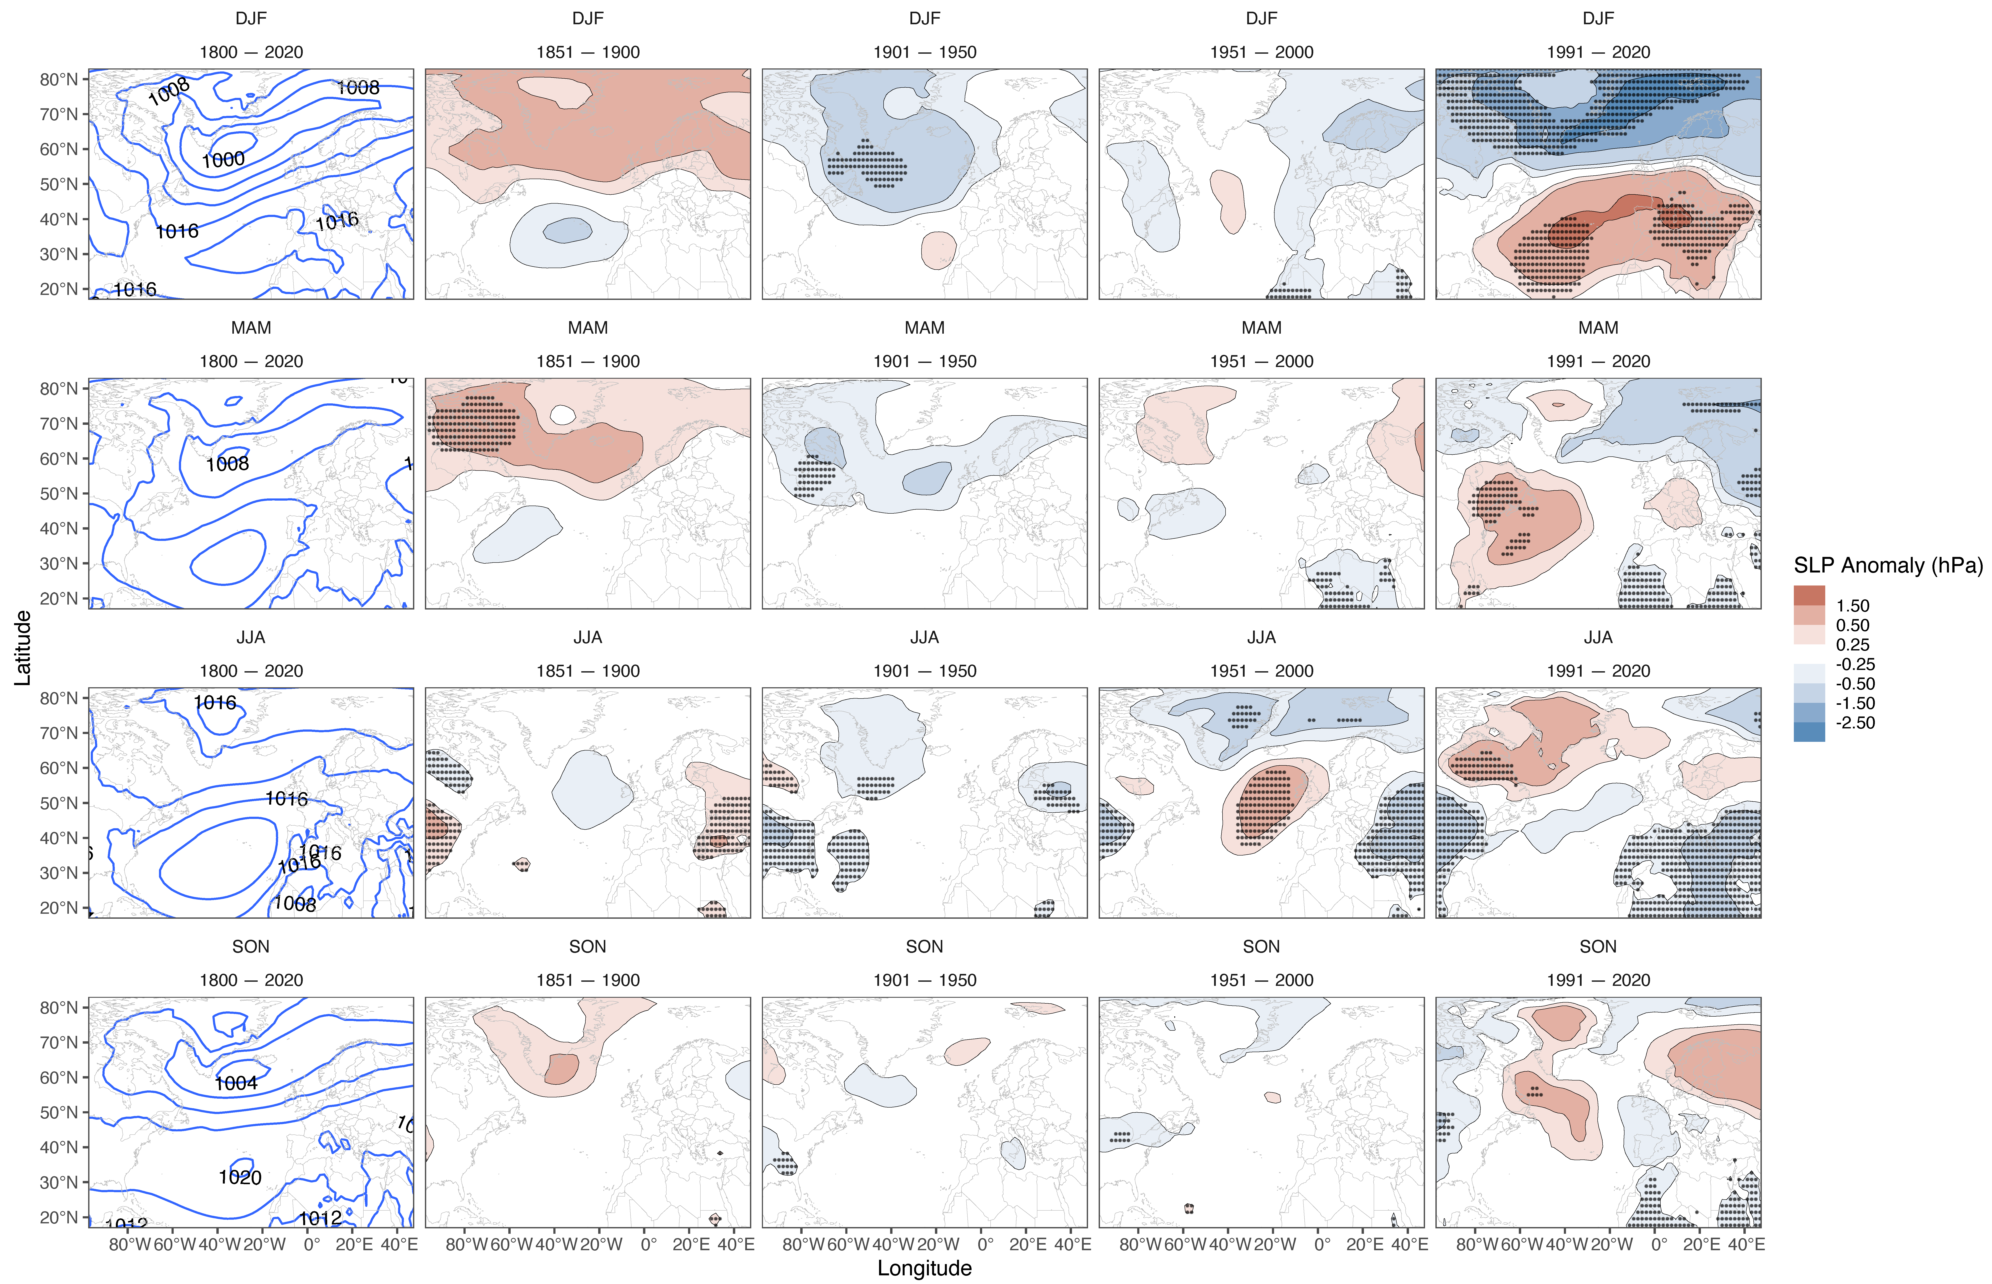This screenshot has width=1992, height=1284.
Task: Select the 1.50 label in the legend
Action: [1853, 606]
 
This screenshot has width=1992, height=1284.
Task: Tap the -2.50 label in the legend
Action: [1855, 723]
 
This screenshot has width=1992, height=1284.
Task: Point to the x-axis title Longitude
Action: [924, 1268]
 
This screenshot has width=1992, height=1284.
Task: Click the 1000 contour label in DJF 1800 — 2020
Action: [223, 159]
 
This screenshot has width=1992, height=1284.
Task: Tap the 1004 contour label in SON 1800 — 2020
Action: [236, 1083]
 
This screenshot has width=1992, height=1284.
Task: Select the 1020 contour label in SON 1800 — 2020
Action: [240, 1177]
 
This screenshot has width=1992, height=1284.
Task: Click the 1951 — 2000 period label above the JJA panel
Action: [1262, 671]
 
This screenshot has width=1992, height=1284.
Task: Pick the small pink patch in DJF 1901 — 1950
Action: [939, 250]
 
